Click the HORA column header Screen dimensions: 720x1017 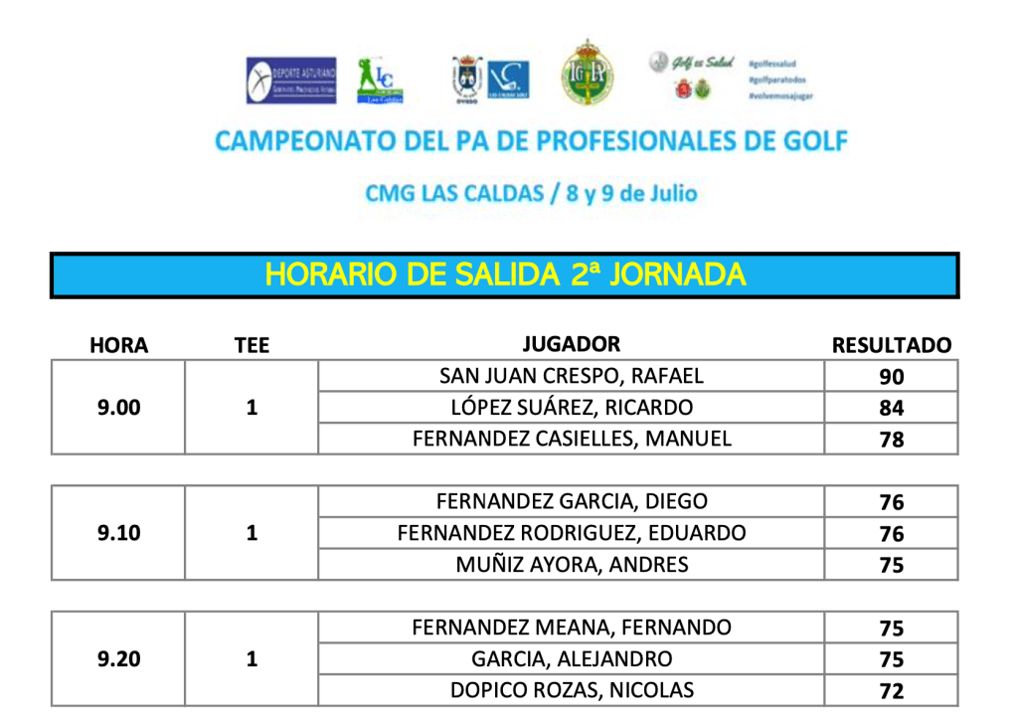point(118,345)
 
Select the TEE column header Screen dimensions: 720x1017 point(252,345)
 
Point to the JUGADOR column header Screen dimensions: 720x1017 point(571,344)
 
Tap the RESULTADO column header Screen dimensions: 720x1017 point(891,345)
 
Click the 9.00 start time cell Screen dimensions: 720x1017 point(118,408)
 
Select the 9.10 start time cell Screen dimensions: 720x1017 point(118,533)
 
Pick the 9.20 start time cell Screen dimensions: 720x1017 point(118,658)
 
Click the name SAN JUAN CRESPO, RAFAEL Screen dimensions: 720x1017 point(571,376)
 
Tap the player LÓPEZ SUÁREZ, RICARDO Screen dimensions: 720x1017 point(571,408)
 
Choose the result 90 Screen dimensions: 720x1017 point(891,377)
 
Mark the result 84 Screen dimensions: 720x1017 point(891,408)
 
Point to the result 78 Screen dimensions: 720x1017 point(891,440)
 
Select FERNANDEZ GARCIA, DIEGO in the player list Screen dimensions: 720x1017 point(571,501)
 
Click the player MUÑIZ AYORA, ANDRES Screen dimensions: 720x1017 point(571,565)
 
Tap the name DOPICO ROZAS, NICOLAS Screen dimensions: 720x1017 point(571,690)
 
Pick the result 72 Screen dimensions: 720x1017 point(891,690)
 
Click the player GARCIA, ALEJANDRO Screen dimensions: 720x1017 point(571,658)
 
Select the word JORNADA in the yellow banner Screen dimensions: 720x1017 point(676,274)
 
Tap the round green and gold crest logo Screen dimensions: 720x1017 point(588,75)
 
